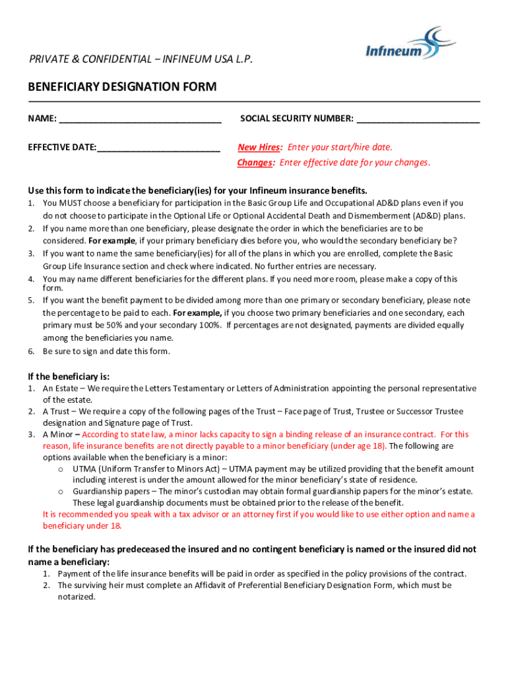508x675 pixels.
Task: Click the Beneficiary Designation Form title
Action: (x=122, y=87)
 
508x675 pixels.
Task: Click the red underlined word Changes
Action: (x=255, y=163)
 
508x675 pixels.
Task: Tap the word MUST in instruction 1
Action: (x=72, y=203)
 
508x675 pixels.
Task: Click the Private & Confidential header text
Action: (x=141, y=60)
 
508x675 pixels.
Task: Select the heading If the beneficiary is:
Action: (x=69, y=376)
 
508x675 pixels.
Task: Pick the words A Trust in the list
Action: (x=57, y=411)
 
